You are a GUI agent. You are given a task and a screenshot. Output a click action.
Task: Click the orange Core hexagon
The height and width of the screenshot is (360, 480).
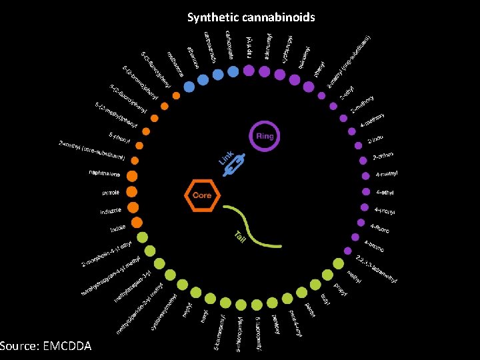point(202,195)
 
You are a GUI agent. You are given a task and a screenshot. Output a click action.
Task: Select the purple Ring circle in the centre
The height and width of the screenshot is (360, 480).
point(264,136)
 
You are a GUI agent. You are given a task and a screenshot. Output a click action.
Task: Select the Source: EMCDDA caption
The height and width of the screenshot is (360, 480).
point(47,347)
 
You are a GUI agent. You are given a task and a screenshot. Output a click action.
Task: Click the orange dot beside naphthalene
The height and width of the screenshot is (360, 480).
point(133,177)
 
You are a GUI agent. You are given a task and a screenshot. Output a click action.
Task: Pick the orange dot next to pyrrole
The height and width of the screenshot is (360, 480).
point(132,192)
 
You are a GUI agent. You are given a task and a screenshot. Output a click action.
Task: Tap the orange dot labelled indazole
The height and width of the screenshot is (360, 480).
point(134,207)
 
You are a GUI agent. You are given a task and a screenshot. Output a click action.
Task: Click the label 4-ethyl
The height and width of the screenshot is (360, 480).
point(386,193)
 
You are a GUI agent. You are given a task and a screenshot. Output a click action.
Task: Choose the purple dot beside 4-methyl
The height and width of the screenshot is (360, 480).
point(365,177)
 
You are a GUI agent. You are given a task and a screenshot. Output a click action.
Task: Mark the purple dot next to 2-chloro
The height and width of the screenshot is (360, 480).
point(361,161)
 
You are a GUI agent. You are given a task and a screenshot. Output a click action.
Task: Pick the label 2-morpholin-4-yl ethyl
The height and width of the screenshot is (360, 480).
point(109,257)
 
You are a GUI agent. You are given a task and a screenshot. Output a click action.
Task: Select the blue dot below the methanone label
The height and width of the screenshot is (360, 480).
point(190,87)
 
